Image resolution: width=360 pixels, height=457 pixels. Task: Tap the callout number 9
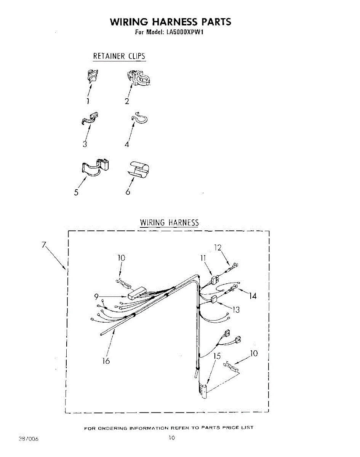[x=96, y=296]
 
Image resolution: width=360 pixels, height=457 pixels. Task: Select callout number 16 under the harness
[x=106, y=361]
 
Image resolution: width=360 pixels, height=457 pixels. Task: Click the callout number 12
[x=218, y=248]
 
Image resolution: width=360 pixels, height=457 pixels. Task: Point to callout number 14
[x=253, y=296]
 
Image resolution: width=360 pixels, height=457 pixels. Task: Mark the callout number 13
[x=236, y=309]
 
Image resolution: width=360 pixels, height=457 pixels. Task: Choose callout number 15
[x=217, y=356]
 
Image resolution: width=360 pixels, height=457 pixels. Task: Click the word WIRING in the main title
[x=131, y=22]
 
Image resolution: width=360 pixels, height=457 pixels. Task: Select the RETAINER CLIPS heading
[x=119, y=56]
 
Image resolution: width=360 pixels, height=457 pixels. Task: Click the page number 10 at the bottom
[x=172, y=438]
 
